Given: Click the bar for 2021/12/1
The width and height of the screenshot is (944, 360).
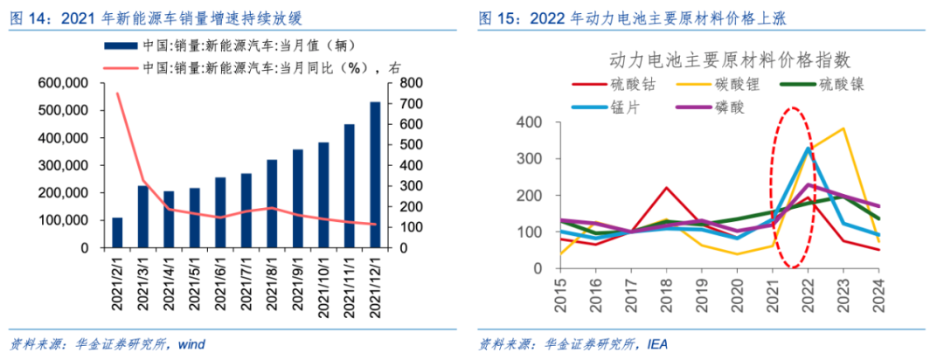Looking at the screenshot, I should [x=375, y=175].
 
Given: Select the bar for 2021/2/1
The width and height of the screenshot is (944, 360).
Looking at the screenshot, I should [x=117, y=232].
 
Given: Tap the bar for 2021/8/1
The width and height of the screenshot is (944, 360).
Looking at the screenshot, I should [x=272, y=204].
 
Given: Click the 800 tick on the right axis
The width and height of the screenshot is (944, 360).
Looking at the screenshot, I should [x=413, y=83].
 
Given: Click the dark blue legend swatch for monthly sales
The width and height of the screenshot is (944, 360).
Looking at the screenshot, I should [x=121, y=45].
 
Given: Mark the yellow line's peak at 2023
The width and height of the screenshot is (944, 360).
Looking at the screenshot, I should [x=843, y=128].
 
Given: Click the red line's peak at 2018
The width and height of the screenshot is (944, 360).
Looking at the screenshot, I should [x=666, y=188].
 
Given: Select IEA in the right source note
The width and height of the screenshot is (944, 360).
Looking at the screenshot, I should [x=656, y=344].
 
